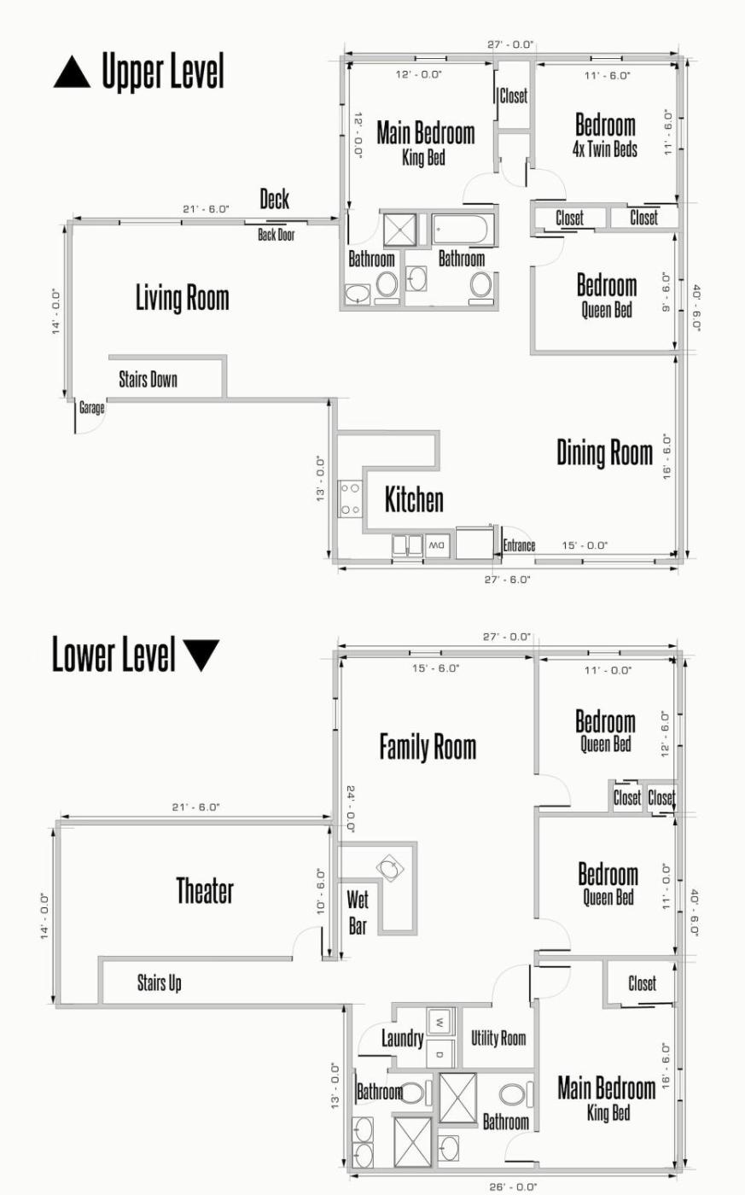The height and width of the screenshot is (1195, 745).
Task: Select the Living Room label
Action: (x=183, y=298)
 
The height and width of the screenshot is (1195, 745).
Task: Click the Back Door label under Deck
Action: (x=276, y=235)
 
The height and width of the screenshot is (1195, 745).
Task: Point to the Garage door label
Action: (x=91, y=408)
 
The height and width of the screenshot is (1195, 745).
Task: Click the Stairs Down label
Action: (x=148, y=380)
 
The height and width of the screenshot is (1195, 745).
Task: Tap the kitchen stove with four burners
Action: (x=351, y=498)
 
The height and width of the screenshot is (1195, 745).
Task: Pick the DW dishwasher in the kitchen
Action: (x=437, y=546)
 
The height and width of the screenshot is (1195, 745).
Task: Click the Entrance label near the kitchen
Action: (x=519, y=545)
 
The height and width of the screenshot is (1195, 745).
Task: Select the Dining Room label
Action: (x=605, y=453)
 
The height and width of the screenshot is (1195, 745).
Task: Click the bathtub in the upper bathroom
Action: (x=460, y=230)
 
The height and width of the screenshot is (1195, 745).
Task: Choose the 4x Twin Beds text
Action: (x=605, y=149)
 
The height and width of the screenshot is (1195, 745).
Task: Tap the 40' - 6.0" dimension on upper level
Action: (x=696, y=308)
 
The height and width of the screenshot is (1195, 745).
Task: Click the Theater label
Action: (x=205, y=891)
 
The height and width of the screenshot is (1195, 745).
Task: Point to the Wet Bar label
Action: (x=358, y=913)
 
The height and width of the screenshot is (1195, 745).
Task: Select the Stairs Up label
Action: (x=159, y=982)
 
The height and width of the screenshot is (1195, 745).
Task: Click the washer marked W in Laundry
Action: (x=440, y=1023)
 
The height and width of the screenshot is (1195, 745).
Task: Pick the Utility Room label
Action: (x=498, y=1038)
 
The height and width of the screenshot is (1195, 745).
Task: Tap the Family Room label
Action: (x=428, y=746)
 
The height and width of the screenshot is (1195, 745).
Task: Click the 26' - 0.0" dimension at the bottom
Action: (x=513, y=1187)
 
